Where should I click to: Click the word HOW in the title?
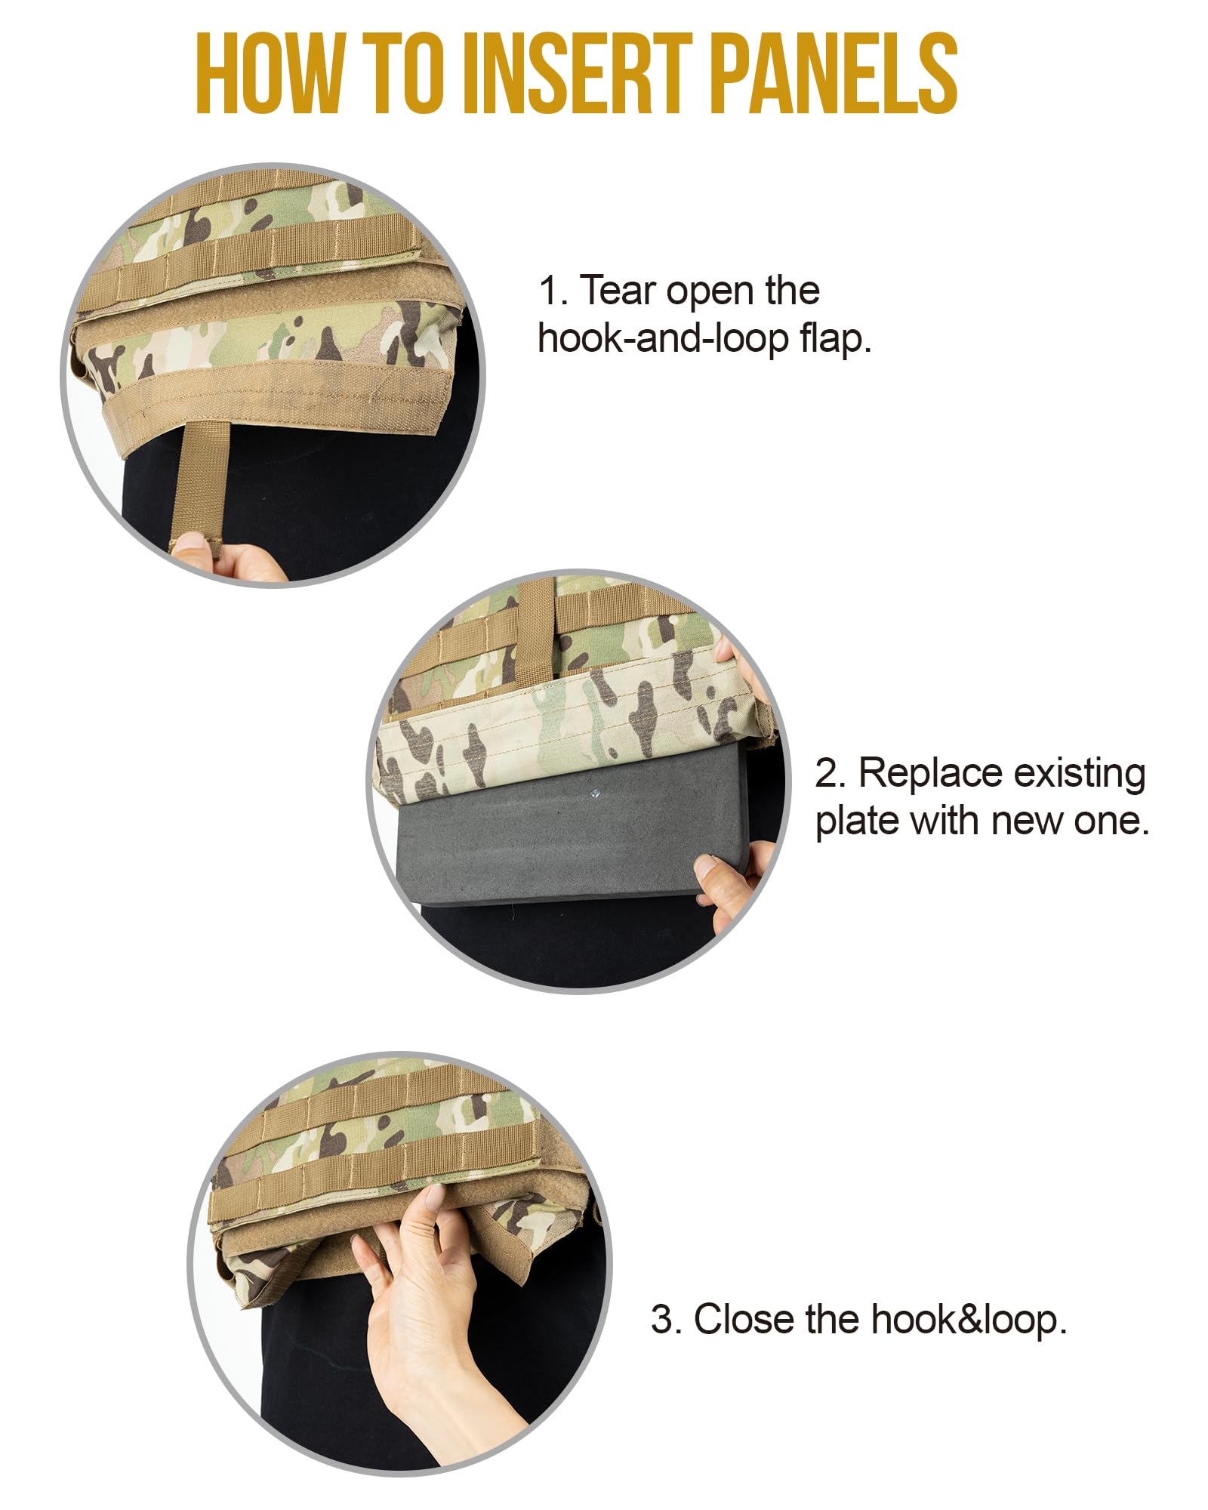point(268,74)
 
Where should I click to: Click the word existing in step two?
point(1080,774)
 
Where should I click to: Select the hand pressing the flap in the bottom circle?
point(423,1283)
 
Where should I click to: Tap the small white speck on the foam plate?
point(596,794)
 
